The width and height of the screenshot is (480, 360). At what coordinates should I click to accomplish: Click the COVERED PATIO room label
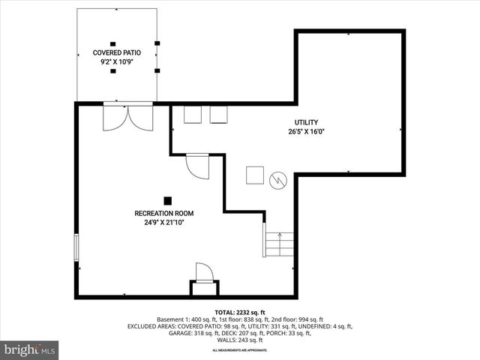click(116, 52)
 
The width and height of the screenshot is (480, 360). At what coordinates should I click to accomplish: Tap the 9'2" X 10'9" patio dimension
click(116, 62)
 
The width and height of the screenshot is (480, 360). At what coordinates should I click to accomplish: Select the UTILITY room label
click(306, 122)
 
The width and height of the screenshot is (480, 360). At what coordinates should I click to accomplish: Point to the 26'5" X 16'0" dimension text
click(306, 132)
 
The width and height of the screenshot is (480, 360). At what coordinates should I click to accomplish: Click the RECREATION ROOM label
click(169, 213)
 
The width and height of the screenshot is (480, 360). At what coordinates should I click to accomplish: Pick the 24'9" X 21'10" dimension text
click(169, 223)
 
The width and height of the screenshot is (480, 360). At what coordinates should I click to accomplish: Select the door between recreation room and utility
click(198, 166)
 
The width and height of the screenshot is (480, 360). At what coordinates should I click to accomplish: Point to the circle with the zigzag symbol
click(278, 180)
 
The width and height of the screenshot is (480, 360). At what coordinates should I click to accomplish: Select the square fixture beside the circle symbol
click(255, 175)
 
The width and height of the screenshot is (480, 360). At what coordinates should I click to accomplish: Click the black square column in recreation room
click(168, 199)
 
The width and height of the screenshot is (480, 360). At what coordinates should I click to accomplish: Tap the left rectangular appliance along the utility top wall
click(193, 113)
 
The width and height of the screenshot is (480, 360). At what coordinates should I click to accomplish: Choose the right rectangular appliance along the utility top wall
click(219, 113)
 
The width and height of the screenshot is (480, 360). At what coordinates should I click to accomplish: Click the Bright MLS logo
click(29, 349)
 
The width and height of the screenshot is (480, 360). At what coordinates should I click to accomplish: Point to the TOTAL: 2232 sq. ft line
click(240, 312)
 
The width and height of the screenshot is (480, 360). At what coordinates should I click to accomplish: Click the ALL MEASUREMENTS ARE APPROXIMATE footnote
click(240, 350)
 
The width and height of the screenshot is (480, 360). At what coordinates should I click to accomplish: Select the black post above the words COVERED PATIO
click(112, 43)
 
